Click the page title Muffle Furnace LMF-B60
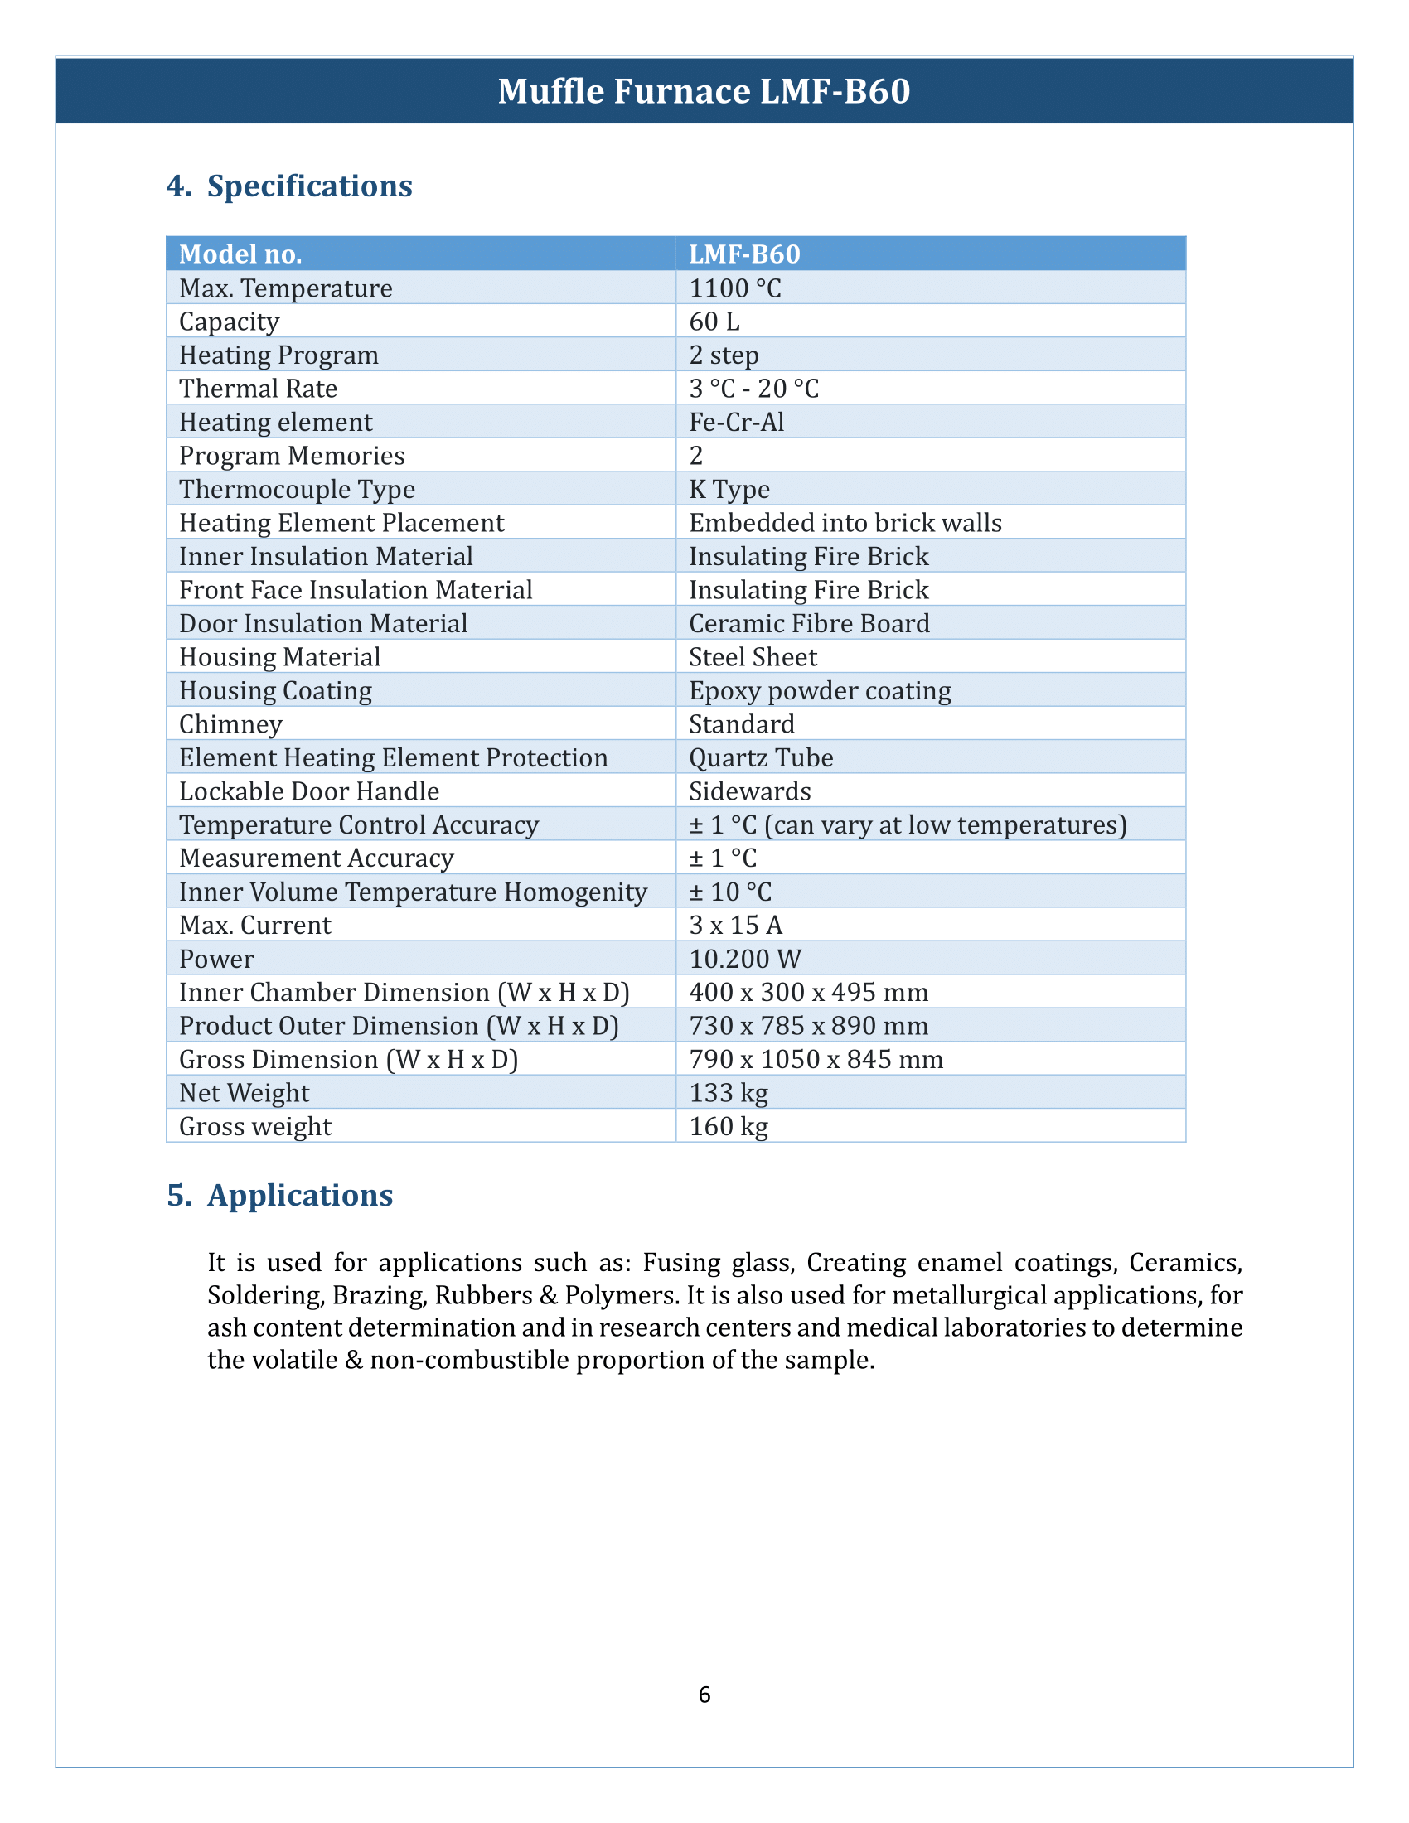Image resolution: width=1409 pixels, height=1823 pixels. pos(704,91)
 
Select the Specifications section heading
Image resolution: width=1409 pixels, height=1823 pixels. pos(309,186)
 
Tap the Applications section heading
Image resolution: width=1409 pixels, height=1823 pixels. pos(300,1195)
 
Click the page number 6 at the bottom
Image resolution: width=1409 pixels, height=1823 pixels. pos(704,1694)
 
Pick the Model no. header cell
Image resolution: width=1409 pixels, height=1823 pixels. pos(240,254)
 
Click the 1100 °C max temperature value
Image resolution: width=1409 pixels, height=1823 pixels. pos(735,288)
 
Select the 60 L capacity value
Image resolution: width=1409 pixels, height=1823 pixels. pos(714,322)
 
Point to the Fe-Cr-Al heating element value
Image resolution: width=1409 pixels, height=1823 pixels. pos(736,423)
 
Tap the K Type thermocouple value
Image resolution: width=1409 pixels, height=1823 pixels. pos(729,489)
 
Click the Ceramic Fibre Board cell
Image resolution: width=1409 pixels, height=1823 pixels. pos(809,623)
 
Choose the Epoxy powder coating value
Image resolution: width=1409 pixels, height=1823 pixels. pos(820,690)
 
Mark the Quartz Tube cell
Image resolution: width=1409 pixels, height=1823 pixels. pos(760,758)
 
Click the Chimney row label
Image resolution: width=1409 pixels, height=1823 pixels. pos(230,724)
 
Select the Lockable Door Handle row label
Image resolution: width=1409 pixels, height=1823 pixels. pos(309,791)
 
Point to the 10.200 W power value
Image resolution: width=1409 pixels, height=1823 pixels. pos(744,959)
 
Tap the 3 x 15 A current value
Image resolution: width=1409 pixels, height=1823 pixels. pos(735,926)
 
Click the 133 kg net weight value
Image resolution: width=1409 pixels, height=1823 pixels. pos(729,1093)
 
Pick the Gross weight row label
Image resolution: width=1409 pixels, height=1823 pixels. pos(255,1127)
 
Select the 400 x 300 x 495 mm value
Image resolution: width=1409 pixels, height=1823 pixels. pos(808,993)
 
